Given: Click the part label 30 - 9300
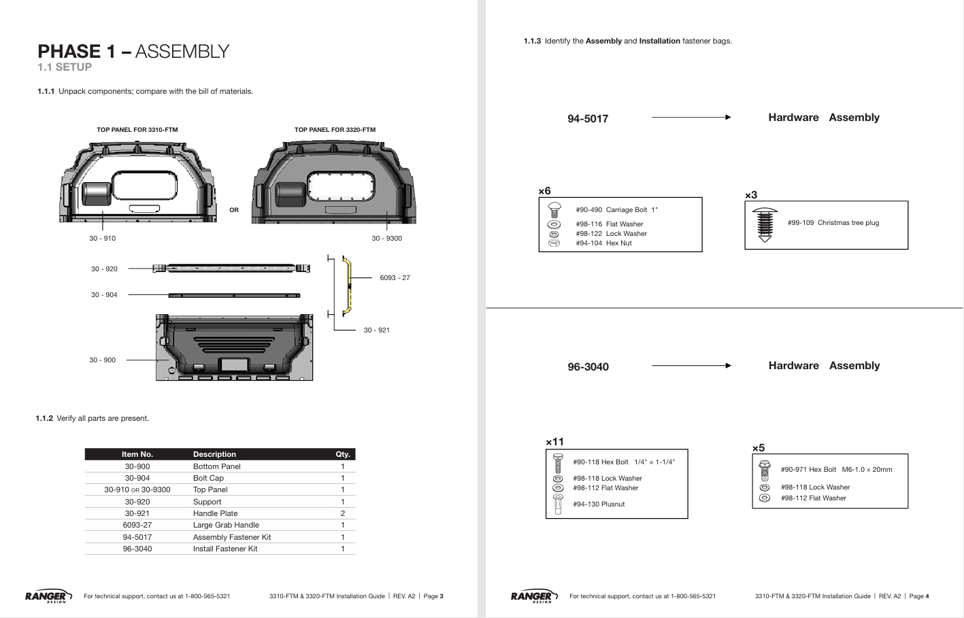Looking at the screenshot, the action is point(386,238).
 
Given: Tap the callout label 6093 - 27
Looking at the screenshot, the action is point(395,278).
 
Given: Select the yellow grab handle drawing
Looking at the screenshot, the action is point(348,286).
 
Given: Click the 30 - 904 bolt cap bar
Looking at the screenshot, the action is point(234,296).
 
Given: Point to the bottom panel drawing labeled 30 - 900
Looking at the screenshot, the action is point(234,347).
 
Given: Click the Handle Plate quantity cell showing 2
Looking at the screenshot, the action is point(343,513).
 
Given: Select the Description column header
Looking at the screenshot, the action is point(214,454).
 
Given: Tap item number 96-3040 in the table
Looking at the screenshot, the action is point(137,549).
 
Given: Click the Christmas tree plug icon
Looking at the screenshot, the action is point(765,225).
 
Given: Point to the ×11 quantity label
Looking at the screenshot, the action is point(554,442).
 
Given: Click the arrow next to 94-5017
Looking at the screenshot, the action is point(691,117).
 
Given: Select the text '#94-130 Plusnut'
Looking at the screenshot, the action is point(599,504).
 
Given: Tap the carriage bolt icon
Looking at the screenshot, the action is point(554,210).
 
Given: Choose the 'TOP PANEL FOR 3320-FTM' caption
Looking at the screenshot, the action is point(335,129).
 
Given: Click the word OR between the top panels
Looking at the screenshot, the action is point(233,210).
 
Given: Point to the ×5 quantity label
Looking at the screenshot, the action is point(759,448).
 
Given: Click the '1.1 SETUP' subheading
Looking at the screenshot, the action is point(65,67).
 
